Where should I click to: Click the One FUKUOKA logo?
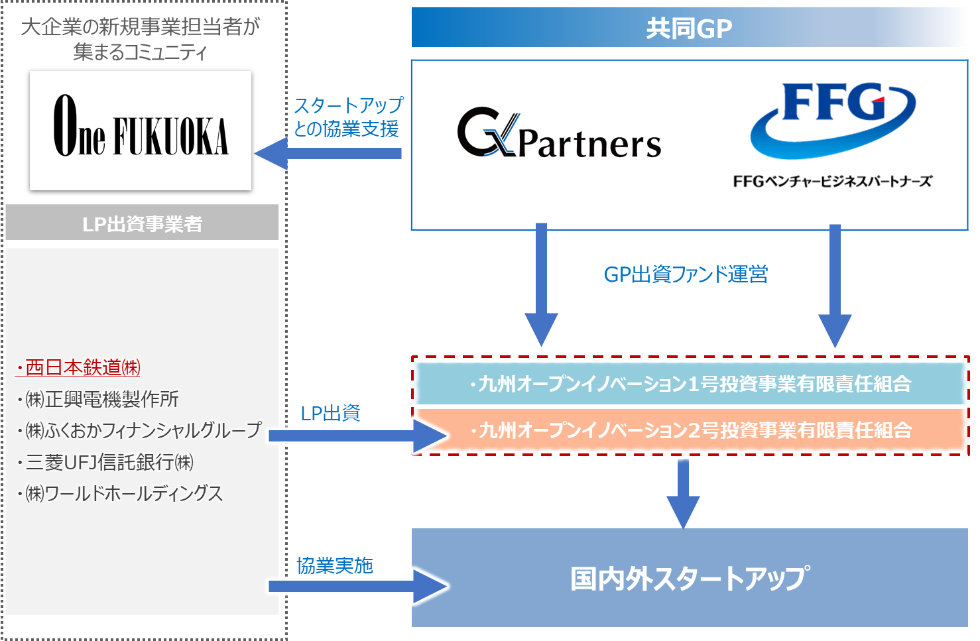(141, 130)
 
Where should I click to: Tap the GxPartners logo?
(559, 134)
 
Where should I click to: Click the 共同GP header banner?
(689, 28)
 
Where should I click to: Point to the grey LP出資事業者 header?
(142, 223)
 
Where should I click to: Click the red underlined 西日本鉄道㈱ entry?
(78, 367)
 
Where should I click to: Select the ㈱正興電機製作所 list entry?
(99, 399)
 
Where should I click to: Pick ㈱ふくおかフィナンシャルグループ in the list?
(140, 430)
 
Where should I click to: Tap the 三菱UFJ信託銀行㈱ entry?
(106, 462)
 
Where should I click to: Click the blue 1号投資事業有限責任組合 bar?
(690, 384)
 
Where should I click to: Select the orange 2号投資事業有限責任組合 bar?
(690, 430)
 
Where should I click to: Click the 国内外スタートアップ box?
(690, 578)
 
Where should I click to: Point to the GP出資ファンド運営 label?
(686, 274)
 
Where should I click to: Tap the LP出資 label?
(330, 414)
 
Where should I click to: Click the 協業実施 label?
(334, 565)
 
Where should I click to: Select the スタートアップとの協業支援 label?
(347, 117)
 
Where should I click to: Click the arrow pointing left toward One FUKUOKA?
(328, 153)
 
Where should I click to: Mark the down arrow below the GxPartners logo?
(541, 285)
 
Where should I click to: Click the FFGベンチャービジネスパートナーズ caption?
(833, 181)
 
